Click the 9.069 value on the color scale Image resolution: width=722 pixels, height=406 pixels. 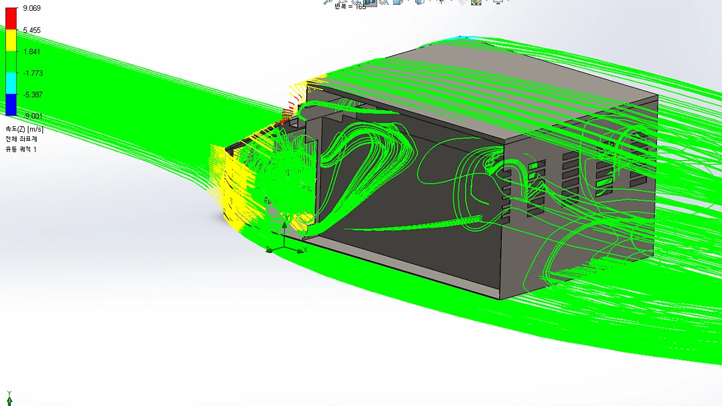tap(31, 8)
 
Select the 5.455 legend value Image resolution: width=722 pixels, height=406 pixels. tap(31, 30)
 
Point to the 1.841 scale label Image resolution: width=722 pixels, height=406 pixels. tap(31, 52)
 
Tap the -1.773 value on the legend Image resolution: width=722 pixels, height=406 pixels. tap(33, 73)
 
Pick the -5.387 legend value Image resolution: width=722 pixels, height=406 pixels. tap(33, 95)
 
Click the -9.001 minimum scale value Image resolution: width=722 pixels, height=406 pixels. tap(33, 116)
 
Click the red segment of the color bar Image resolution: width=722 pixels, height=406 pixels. tap(11, 19)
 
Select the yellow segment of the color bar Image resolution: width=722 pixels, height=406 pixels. tap(11, 40)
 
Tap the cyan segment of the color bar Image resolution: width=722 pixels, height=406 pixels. tap(11, 83)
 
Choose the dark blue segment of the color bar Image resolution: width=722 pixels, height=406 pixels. tap(11, 105)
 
